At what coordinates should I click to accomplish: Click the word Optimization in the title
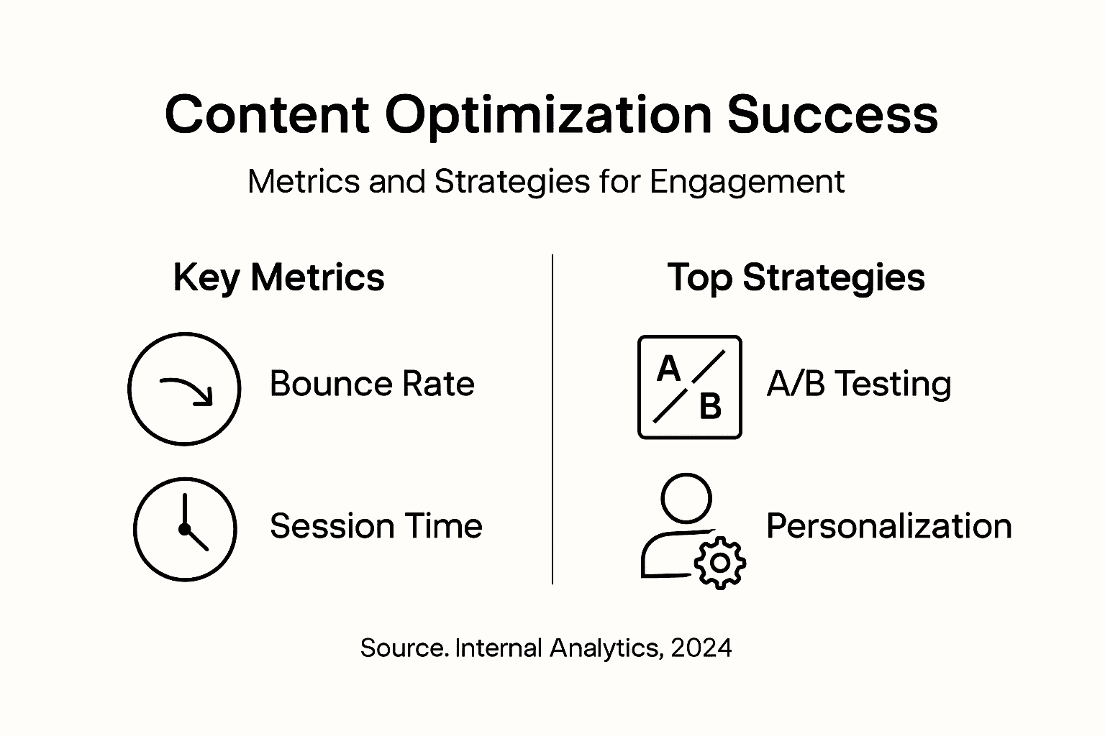point(548,117)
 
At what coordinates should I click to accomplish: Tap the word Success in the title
point(832,115)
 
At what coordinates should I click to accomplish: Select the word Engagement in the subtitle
point(747,183)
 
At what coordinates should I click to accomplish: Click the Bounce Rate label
point(372,384)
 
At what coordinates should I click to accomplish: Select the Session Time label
point(376,526)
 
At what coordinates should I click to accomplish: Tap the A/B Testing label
point(859,385)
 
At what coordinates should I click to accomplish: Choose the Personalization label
point(889,526)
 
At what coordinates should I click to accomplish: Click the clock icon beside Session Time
point(185,529)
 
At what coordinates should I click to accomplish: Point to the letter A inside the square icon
point(669,369)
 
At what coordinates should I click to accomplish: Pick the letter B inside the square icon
point(710,407)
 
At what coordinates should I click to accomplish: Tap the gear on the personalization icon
point(719,563)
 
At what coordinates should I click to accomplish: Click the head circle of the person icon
point(686,498)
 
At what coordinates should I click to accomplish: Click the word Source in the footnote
point(401,648)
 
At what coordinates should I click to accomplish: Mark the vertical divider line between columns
point(552,419)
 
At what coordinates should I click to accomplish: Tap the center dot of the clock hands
point(184,530)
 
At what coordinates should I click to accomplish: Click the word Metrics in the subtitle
point(304,181)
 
